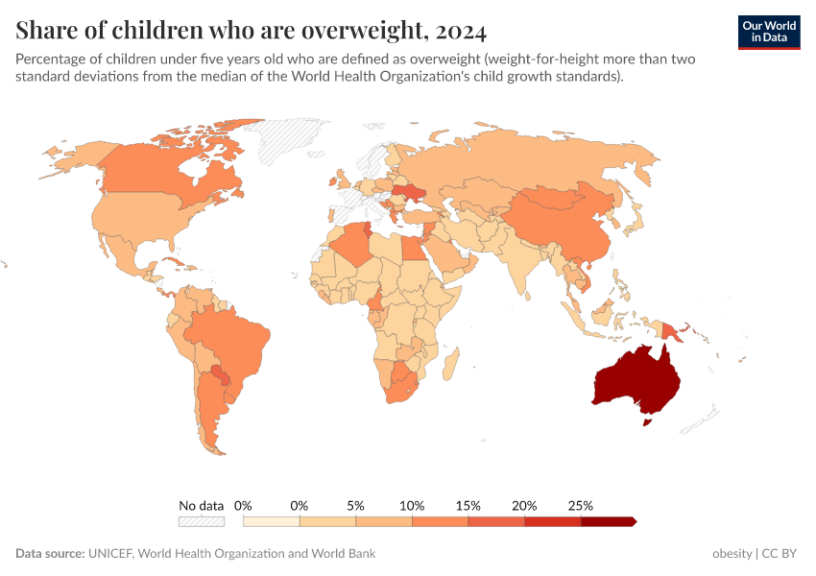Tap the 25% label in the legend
(x=581, y=505)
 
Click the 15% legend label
(x=468, y=505)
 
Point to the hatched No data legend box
(x=201, y=521)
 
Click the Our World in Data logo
(x=768, y=32)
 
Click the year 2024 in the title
(x=460, y=31)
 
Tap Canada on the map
(x=154, y=173)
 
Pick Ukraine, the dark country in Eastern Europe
(x=414, y=192)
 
